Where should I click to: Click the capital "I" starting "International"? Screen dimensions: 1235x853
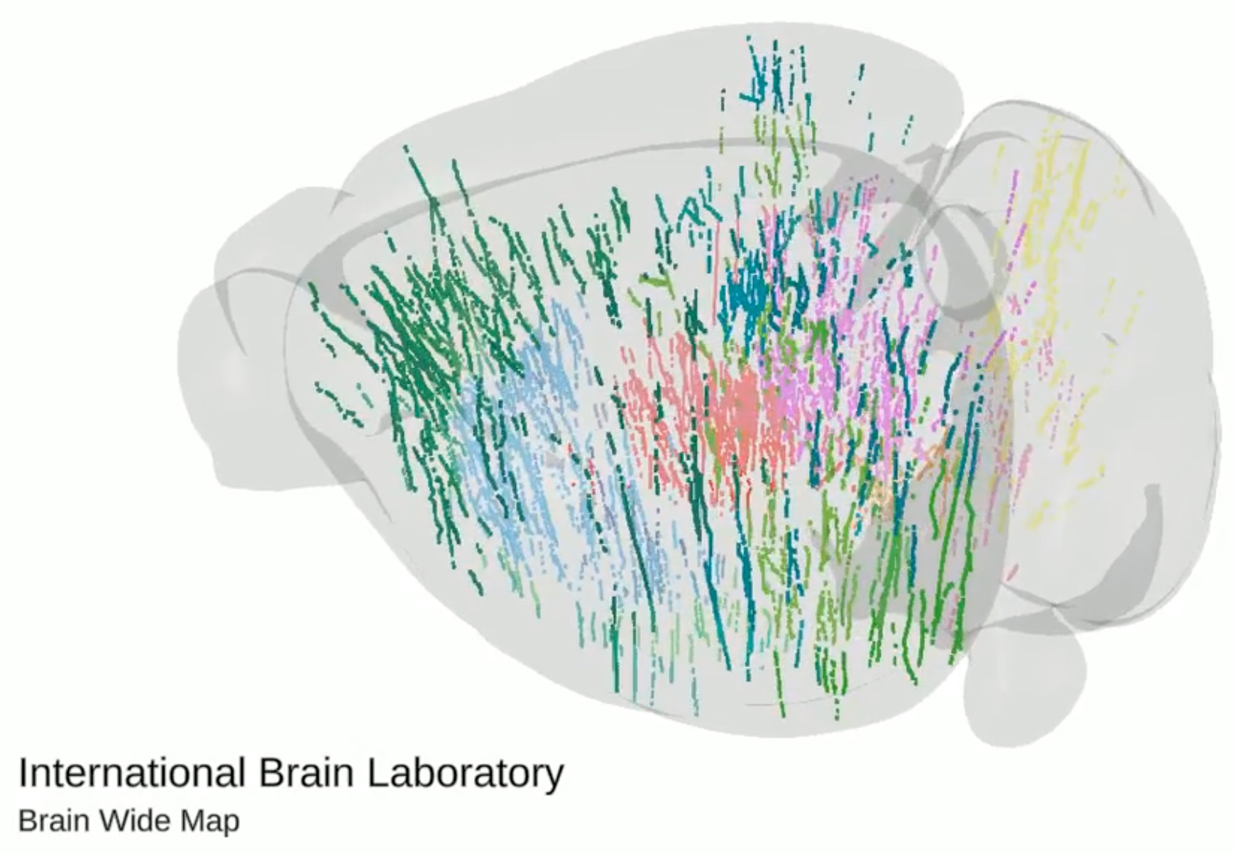(22, 773)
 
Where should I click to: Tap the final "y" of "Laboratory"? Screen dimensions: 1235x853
(555, 778)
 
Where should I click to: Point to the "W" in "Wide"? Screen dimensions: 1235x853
(111, 821)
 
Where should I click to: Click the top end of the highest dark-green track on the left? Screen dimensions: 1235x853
(405, 147)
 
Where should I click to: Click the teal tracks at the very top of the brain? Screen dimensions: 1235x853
(777, 78)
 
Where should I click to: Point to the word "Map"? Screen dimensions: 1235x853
(210, 823)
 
